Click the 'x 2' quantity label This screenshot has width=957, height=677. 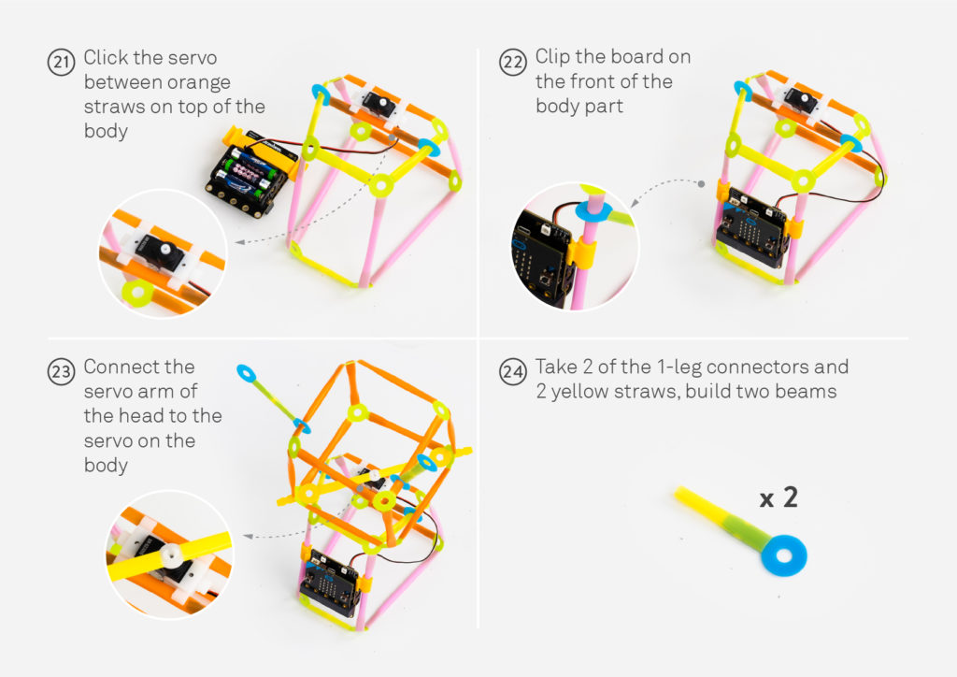click(778, 497)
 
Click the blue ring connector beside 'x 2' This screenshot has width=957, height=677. click(782, 555)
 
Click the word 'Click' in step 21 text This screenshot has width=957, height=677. click(108, 58)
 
